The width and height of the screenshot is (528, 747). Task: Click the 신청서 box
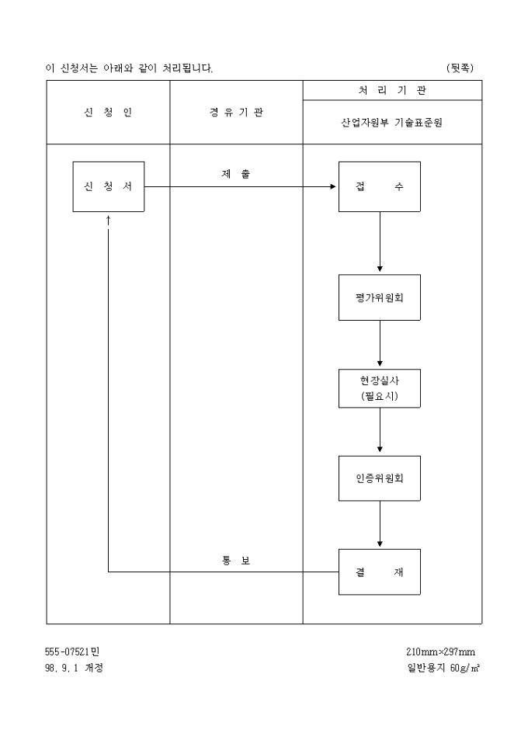click(x=108, y=186)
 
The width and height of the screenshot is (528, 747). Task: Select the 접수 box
click(x=380, y=186)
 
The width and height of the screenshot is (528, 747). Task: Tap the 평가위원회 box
click(x=380, y=297)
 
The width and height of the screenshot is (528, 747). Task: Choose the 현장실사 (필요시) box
click(x=380, y=388)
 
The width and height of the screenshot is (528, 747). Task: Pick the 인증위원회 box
click(x=380, y=478)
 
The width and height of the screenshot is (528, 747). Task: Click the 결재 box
click(x=380, y=572)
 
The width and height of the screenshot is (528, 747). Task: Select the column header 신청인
click(x=108, y=113)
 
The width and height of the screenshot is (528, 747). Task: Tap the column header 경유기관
click(x=236, y=113)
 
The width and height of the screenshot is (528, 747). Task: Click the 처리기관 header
click(x=392, y=91)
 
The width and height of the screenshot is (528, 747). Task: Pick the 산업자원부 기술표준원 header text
click(x=392, y=123)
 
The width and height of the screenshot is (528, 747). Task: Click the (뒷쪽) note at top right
click(x=460, y=68)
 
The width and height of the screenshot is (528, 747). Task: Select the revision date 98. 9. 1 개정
click(x=74, y=668)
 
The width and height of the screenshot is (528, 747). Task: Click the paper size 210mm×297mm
click(x=440, y=652)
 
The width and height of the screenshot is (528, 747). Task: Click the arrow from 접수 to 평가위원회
click(x=380, y=242)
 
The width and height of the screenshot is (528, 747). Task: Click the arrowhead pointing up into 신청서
click(x=108, y=221)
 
